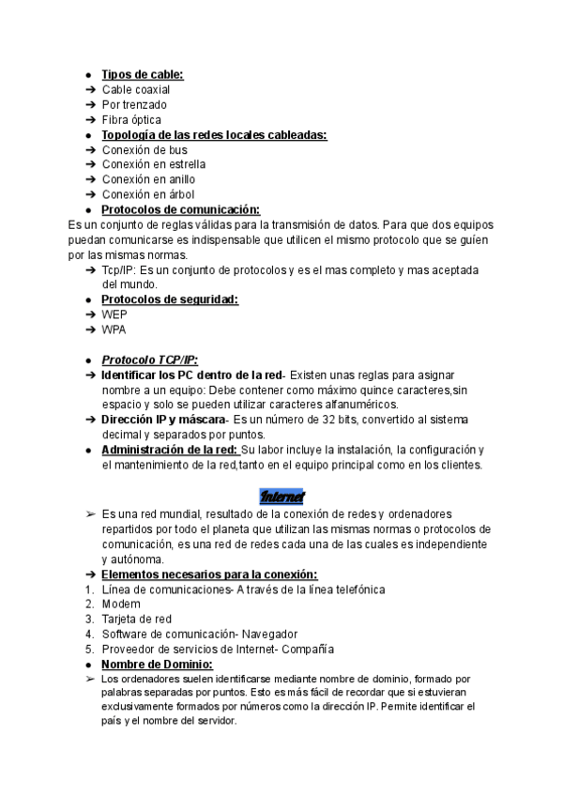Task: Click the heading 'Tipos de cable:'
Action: click(143, 74)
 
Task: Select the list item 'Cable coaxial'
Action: click(136, 89)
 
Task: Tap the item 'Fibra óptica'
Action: click(131, 119)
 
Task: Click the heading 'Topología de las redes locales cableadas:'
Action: click(214, 134)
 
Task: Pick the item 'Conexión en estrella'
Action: click(154, 164)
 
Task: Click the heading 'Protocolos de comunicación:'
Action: click(180, 209)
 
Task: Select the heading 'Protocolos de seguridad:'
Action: click(169, 299)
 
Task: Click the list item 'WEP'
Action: click(114, 314)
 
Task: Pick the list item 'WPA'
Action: click(114, 329)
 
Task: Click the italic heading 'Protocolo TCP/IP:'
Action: click(149, 360)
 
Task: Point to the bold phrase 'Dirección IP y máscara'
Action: click(163, 419)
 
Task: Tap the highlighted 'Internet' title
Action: click(281, 495)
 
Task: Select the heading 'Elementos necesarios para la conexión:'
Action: click(208, 574)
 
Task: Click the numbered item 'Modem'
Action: click(121, 604)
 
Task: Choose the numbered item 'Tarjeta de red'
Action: click(137, 619)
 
